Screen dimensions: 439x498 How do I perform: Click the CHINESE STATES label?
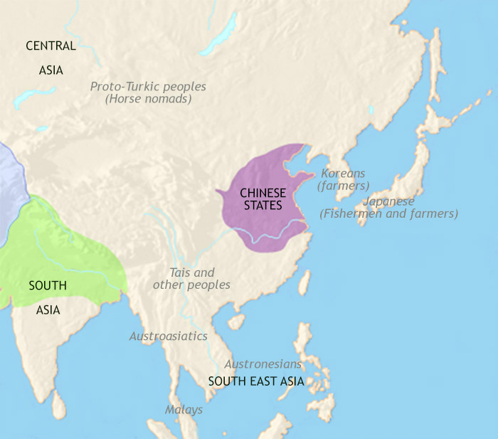(x=262, y=199)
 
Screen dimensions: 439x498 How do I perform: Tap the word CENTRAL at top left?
(x=51, y=46)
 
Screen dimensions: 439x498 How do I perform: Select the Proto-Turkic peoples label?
(x=148, y=87)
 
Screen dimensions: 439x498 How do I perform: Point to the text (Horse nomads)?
(x=148, y=100)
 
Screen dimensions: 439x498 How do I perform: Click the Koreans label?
(x=342, y=173)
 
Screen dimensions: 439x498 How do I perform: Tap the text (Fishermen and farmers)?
(x=389, y=213)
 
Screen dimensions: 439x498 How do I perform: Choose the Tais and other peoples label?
(x=191, y=278)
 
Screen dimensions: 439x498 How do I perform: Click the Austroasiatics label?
(x=168, y=336)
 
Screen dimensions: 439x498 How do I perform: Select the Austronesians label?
(x=263, y=364)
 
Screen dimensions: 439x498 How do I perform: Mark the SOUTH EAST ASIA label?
(x=256, y=381)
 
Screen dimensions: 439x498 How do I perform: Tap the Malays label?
(x=184, y=410)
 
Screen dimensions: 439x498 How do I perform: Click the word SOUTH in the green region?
(x=48, y=286)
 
